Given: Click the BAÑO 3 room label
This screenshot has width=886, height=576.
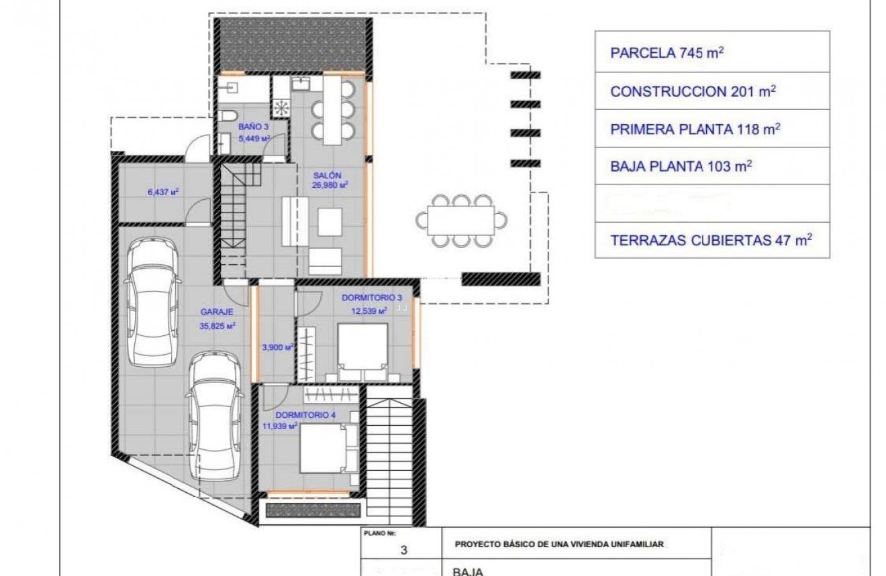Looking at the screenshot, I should (248, 126).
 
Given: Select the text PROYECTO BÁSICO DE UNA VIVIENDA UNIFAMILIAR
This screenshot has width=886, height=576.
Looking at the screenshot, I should (559, 545).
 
